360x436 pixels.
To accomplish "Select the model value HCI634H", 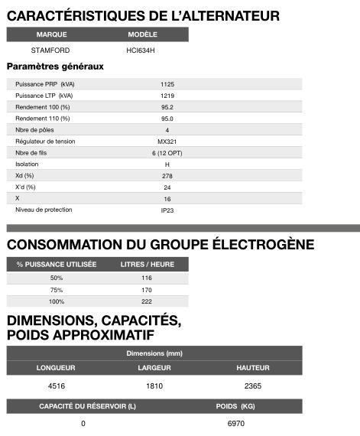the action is pyautogui.click(x=142, y=50).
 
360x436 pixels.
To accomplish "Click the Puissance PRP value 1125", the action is pyautogui.click(x=167, y=83).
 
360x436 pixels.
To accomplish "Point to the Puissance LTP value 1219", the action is pyautogui.click(x=167, y=95).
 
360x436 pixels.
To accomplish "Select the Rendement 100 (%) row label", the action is pyautogui.click(x=43, y=107).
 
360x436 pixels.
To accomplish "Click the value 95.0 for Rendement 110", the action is pyautogui.click(x=167, y=119).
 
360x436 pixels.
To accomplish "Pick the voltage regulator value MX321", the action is pyautogui.click(x=167, y=142).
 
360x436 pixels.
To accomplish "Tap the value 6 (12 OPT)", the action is pyautogui.click(x=167, y=153).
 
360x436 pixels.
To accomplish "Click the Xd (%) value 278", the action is pyautogui.click(x=167, y=176).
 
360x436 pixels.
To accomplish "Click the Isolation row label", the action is pyautogui.click(x=27, y=164).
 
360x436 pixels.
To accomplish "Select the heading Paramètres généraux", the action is pyautogui.click(x=55, y=67).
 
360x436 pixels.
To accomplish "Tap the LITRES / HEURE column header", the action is pyautogui.click(x=147, y=264).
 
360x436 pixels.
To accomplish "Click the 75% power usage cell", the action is pyautogui.click(x=56, y=290).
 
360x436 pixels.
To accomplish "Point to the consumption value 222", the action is pyautogui.click(x=147, y=302).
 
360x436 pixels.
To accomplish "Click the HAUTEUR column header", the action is pyautogui.click(x=253, y=368).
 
